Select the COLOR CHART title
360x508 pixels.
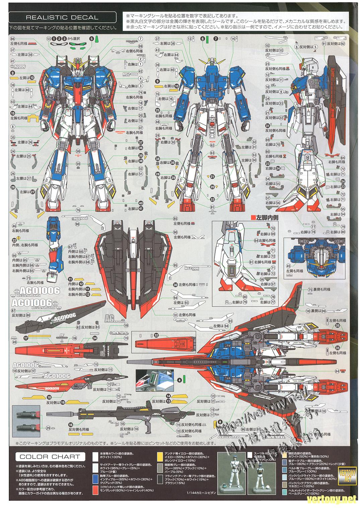point(49,456)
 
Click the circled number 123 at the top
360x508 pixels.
point(49,39)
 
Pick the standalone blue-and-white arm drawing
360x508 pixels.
point(55,247)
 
